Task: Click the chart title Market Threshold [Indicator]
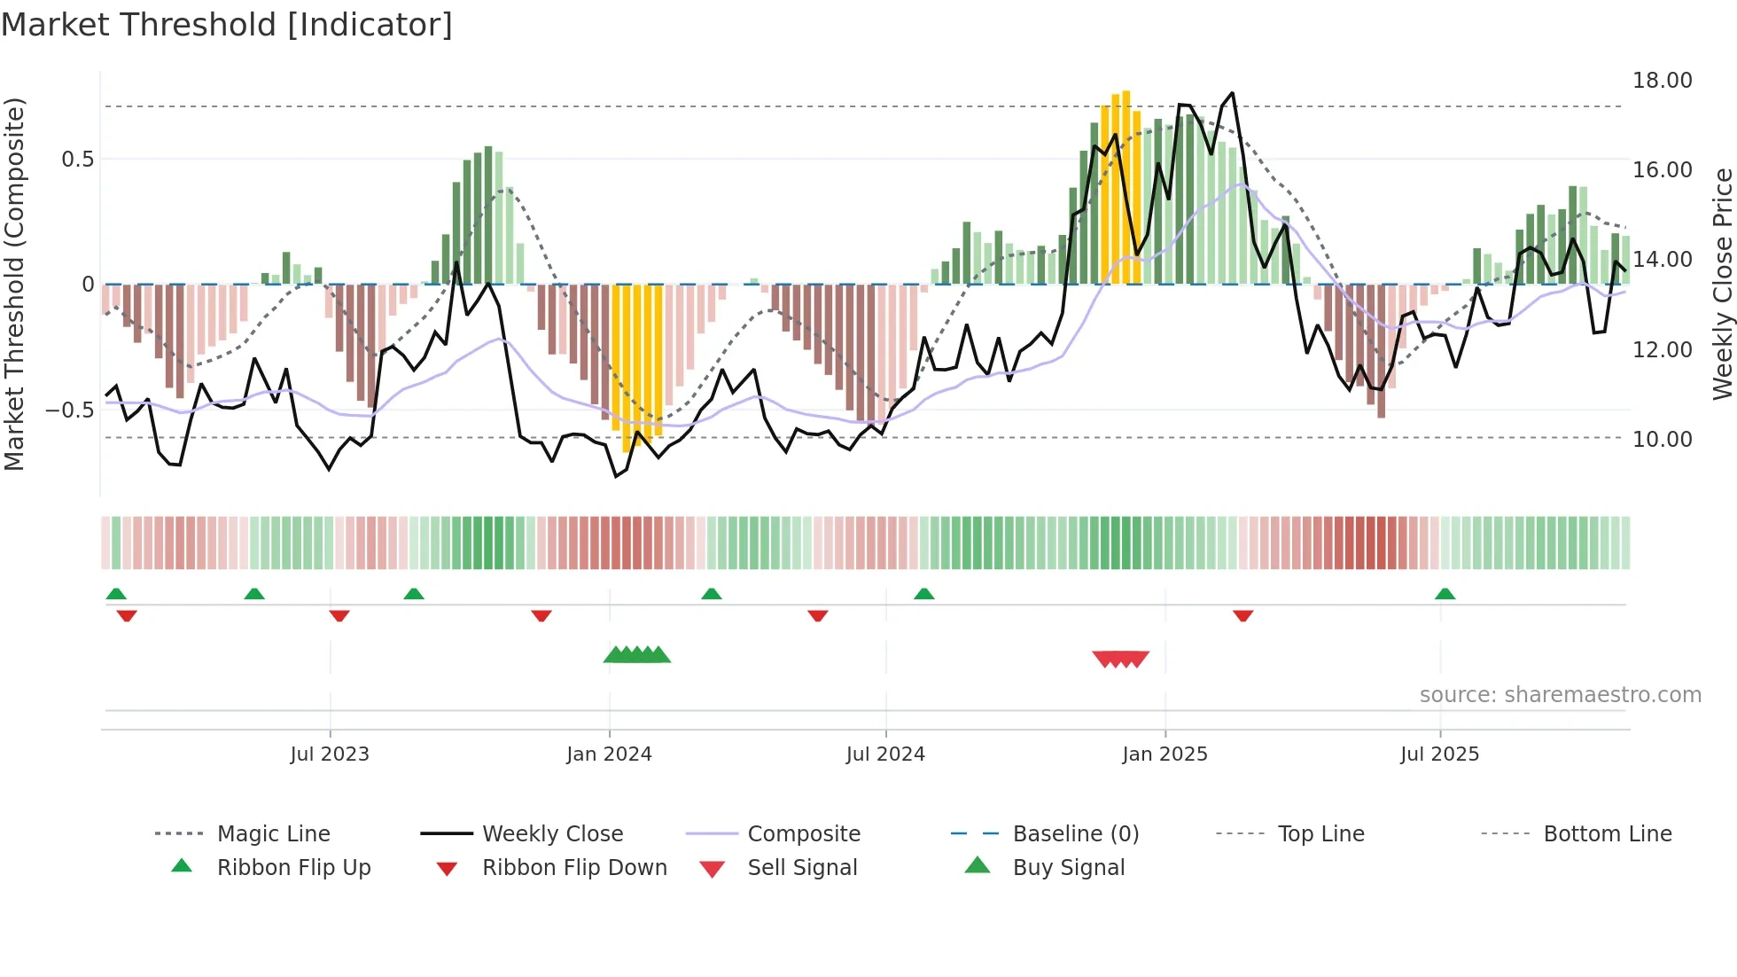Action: (x=227, y=25)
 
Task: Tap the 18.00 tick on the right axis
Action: (x=1662, y=81)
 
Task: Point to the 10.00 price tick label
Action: (x=1662, y=439)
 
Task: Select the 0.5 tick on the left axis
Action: (x=77, y=160)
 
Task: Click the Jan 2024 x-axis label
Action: (x=609, y=754)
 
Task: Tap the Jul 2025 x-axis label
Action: (x=1439, y=754)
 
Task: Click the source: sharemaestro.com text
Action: (x=1560, y=695)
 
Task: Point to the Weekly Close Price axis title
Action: (x=1722, y=284)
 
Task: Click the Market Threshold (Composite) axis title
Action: (x=14, y=284)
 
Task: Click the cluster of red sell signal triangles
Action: (x=1120, y=659)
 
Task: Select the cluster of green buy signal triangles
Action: (x=636, y=655)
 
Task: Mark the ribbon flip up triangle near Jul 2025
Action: (x=1445, y=594)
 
